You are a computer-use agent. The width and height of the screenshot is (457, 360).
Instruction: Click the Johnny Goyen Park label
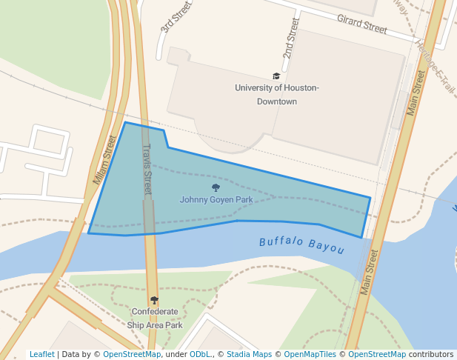click(216, 200)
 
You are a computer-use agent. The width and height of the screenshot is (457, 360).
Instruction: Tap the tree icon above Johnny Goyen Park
click(216, 188)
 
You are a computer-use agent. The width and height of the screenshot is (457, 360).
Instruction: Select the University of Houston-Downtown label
click(276, 94)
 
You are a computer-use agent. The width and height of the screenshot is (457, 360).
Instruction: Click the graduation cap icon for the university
click(276, 76)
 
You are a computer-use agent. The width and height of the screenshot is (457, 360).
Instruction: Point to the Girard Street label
click(361, 24)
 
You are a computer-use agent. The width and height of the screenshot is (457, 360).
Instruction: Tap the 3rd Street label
click(176, 18)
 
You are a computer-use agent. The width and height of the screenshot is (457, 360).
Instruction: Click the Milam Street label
click(105, 160)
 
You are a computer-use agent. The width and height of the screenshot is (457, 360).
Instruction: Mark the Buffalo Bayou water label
click(301, 244)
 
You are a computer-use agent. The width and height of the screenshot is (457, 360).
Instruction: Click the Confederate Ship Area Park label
click(154, 319)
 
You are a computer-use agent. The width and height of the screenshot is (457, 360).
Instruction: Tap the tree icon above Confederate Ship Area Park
click(154, 300)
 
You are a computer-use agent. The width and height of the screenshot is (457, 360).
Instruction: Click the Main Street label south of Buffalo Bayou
click(370, 272)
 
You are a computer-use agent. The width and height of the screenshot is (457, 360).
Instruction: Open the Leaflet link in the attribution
click(41, 354)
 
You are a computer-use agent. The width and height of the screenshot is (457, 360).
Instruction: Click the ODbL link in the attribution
click(199, 354)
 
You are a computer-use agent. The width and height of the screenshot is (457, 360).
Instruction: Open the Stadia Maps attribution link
click(249, 354)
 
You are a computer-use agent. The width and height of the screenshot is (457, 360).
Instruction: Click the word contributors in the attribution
click(430, 354)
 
